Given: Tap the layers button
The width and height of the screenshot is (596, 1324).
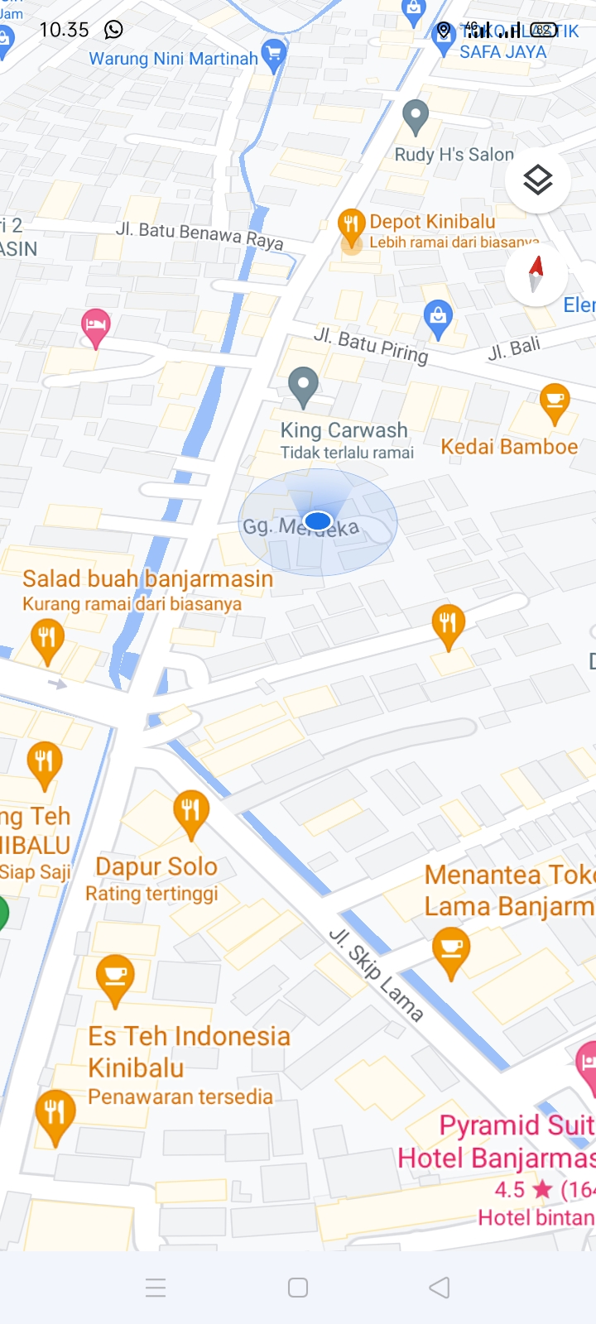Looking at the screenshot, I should pyautogui.click(x=538, y=180).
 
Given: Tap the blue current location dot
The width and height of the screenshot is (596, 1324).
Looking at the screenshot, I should pyautogui.click(x=318, y=520).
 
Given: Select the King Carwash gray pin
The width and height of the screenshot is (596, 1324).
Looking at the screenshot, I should pyautogui.click(x=303, y=386).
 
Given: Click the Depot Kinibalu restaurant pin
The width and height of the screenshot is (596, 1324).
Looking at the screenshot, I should pyautogui.click(x=352, y=225).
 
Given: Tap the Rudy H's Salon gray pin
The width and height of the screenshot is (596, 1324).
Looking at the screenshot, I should pyautogui.click(x=416, y=118).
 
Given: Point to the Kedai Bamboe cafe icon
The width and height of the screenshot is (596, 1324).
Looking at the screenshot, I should pyautogui.click(x=555, y=402).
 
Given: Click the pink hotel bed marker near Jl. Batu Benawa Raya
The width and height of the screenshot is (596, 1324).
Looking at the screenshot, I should pyautogui.click(x=95, y=327).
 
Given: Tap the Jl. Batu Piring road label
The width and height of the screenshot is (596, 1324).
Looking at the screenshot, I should pyautogui.click(x=371, y=345).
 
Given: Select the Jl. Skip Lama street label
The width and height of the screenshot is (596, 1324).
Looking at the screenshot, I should pyautogui.click(x=377, y=974).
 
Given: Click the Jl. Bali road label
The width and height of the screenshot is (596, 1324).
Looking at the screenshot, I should pyautogui.click(x=514, y=348).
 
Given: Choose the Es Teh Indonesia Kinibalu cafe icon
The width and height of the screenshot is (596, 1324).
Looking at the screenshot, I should pyautogui.click(x=115, y=977).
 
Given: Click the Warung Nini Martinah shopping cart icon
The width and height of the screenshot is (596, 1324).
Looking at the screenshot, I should pyautogui.click(x=273, y=55).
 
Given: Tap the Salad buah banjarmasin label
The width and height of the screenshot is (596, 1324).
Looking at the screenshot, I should pyautogui.click(x=147, y=578).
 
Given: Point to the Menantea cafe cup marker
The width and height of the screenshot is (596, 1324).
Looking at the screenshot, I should pyautogui.click(x=451, y=949).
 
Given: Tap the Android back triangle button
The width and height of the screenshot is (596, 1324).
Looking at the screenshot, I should pyautogui.click(x=440, y=1287).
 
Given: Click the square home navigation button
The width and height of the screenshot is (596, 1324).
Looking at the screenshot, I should pyautogui.click(x=298, y=1287).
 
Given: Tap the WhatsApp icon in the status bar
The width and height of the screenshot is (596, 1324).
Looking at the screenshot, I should pyautogui.click(x=113, y=30).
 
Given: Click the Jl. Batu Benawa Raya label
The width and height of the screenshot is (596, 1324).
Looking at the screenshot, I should pyautogui.click(x=199, y=235).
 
